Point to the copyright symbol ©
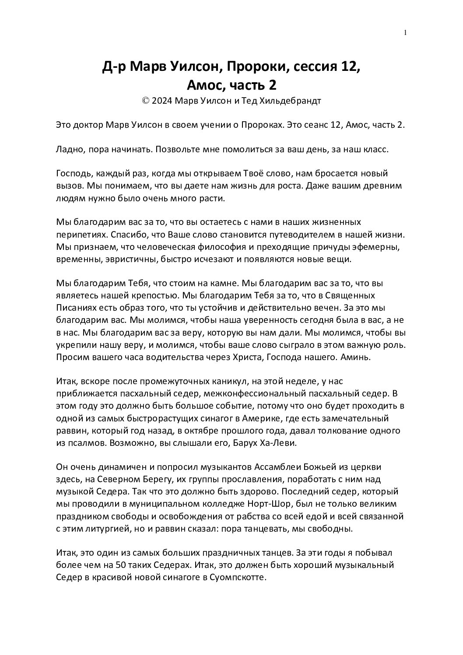click(x=145, y=101)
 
